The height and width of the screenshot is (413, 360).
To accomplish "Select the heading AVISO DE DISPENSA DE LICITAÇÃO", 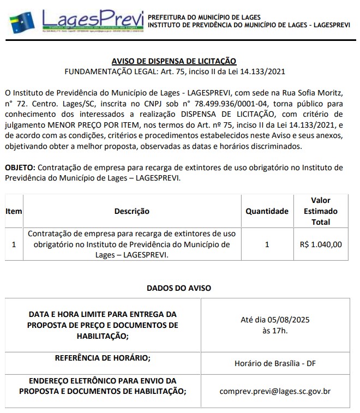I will point(174,61).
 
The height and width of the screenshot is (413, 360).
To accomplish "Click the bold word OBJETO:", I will point(20,167).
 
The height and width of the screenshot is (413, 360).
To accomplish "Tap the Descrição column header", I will point(131,211).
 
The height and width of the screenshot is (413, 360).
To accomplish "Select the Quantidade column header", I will point(267,211).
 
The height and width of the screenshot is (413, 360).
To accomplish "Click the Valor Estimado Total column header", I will point(321,211).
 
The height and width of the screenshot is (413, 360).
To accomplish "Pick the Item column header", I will point(14,211).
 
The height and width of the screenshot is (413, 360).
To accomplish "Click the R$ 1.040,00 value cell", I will point(321,244).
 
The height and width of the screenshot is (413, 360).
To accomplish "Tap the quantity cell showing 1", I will point(267,244).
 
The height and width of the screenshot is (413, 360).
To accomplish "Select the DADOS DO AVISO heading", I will point(179,288).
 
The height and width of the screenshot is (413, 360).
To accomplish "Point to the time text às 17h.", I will point(275,330).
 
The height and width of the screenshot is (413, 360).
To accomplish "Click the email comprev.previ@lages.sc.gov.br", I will point(275,391).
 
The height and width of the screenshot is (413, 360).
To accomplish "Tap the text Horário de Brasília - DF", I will point(275,363).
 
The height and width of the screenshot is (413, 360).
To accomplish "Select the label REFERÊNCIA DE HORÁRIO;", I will point(103,358).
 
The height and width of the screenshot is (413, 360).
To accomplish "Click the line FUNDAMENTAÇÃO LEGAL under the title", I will point(175,71).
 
